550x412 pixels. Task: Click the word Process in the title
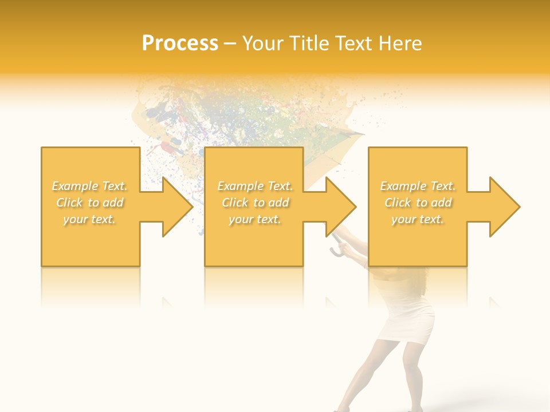[180, 43]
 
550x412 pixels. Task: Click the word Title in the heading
[308, 43]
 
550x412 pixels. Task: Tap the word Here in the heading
[400, 43]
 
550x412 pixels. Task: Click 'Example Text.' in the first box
[90, 186]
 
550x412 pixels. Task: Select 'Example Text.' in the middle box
[255, 186]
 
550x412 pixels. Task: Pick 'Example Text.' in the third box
[418, 186]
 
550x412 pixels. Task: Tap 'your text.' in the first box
[90, 219]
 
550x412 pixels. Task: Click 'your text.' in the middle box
[255, 219]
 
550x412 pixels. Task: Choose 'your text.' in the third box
[418, 219]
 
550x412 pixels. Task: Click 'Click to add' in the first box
[90, 203]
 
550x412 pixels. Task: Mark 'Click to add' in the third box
[418, 203]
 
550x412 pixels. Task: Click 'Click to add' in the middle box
[255, 203]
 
